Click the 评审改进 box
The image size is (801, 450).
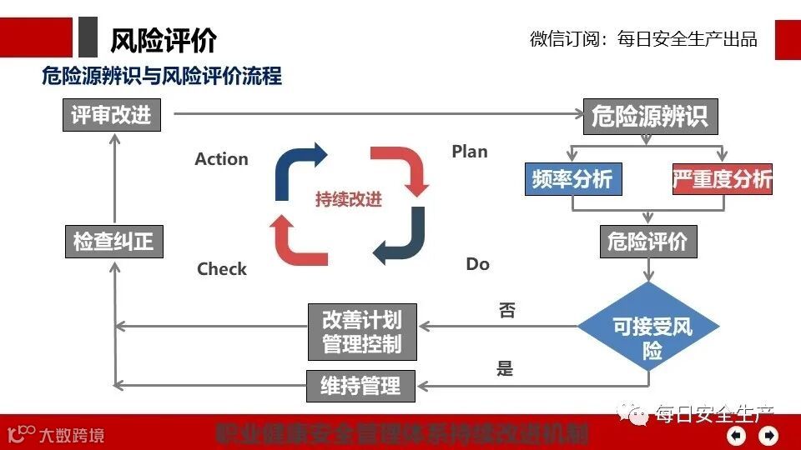[x=111, y=115]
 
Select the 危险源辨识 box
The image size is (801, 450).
[x=649, y=116]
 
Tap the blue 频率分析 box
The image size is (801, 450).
[x=572, y=179]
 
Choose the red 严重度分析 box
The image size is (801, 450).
[x=722, y=179]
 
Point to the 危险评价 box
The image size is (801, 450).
[x=647, y=242]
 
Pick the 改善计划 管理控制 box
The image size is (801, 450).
[x=361, y=332]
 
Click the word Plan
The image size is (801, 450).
[x=470, y=152]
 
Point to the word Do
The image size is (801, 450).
[x=477, y=264]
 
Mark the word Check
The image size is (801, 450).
[x=222, y=269]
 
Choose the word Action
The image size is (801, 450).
[x=221, y=159]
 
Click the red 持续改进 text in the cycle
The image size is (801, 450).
[x=349, y=200]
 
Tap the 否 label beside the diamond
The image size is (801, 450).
[x=506, y=311]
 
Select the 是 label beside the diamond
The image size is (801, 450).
[x=505, y=367]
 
